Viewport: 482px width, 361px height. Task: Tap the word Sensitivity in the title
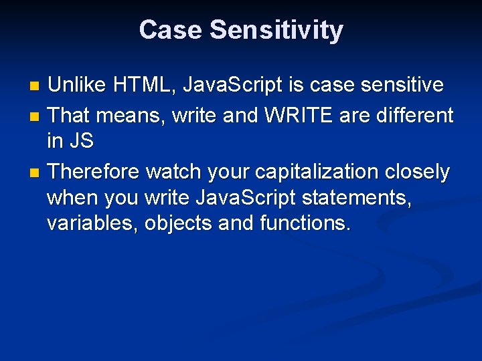pyautogui.click(x=276, y=30)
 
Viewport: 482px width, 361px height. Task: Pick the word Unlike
pyautogui.click(x=77, y=85)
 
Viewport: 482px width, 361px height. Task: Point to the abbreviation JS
pyautogui.click(x=81, y=142)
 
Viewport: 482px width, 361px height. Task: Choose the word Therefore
pyautogui.click(x=94, y=172)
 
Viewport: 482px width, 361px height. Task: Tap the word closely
pyautogui.click(x=417, y=172)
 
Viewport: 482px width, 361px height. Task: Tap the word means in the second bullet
pyautogui.click(x=131, y=115)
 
